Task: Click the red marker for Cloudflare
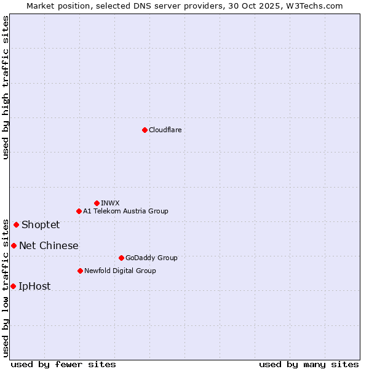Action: tap(145, 130)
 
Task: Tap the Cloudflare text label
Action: tap(165, 130)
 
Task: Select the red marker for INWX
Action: tap(97, 203)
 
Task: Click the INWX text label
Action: tap(110, 203)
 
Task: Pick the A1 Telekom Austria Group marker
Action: tap(79, 211)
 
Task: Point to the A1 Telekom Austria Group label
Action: tap(125, 211)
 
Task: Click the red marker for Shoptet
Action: tap(16, 224)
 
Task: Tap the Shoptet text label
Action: tap(41, 224)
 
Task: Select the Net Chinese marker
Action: tap(14, 245)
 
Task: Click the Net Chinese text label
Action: tap(49, 245)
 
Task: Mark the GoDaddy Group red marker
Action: tap(121, 258)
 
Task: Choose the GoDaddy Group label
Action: tap(151, 258)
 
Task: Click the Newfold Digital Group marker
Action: tap(80, 271)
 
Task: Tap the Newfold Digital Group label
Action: tap(120, 271)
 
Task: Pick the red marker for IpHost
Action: tap(13, 286)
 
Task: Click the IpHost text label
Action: tap(34, 286)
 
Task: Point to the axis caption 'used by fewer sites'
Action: tap(63, 364)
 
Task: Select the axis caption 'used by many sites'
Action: tap(309, 364)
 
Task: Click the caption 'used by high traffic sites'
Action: tap(6, 87)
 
